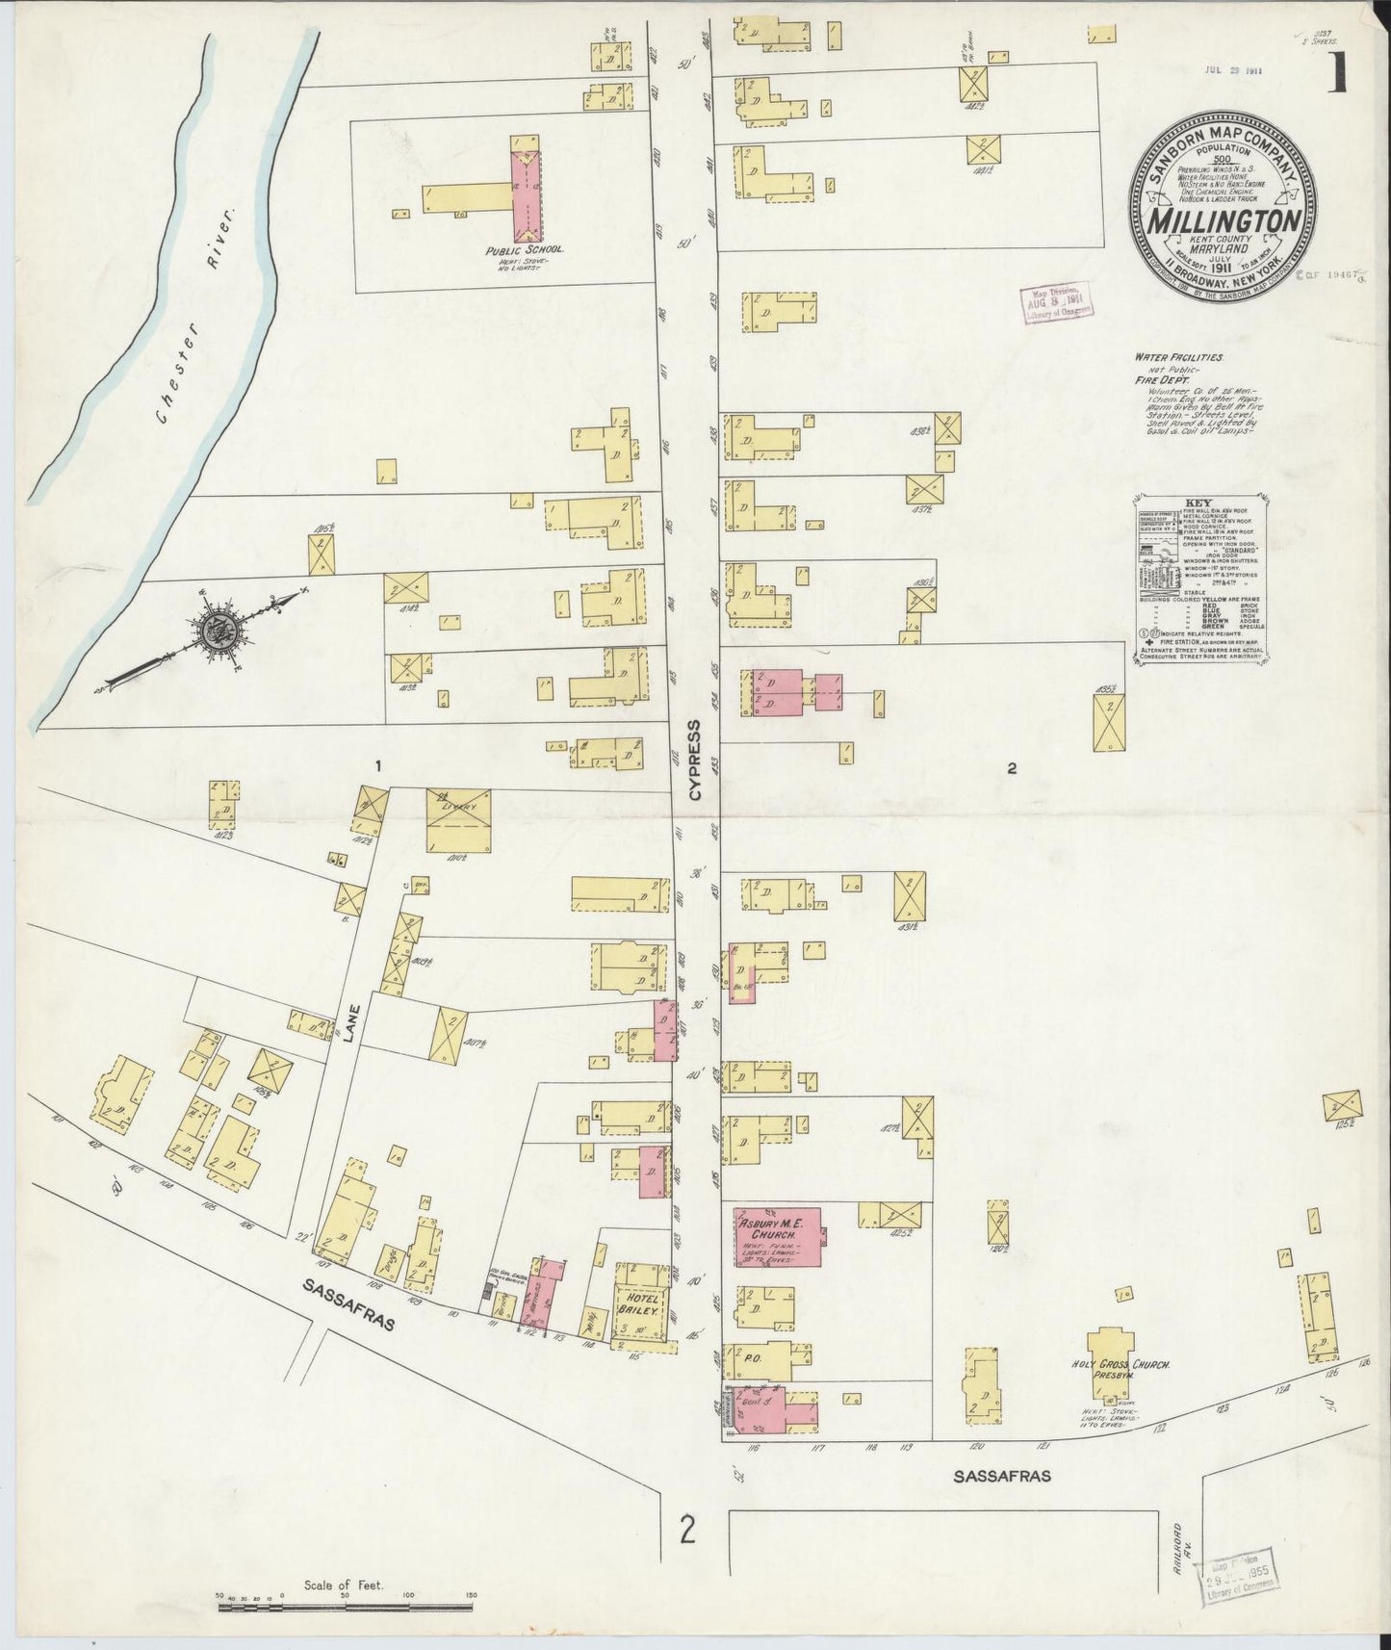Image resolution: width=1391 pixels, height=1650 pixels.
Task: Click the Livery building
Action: (460, 819)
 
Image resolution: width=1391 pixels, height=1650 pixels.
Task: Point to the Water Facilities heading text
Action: (1178, 358)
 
